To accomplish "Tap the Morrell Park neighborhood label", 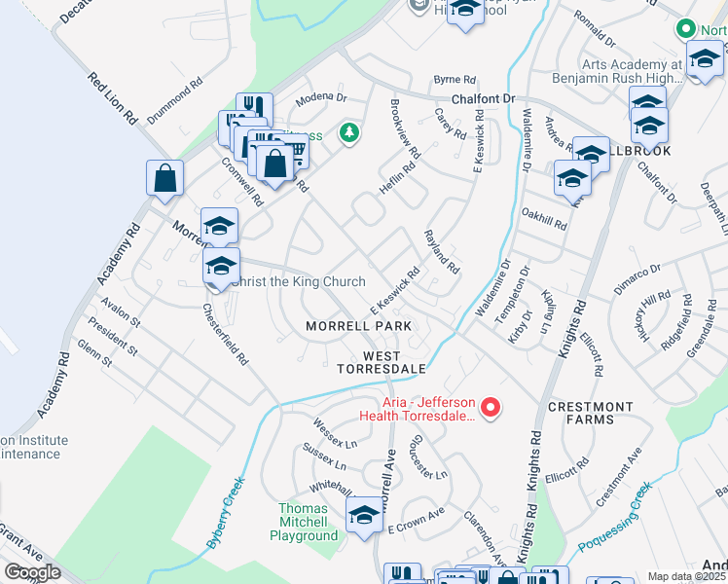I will pos(358,326).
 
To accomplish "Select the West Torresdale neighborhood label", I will pos(382,362).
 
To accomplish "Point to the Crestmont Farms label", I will pos(590,413).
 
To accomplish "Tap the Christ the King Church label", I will pos(295,282).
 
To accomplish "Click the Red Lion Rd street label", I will pos(113,98).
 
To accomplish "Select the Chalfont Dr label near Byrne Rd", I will pos(482,99).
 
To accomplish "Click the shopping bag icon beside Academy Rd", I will pos(165,178).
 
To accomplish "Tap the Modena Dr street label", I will pos(322,98).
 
